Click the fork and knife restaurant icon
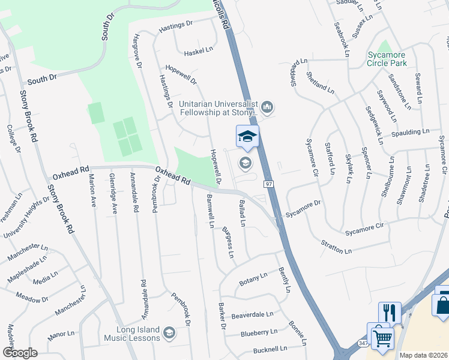click(389, 313)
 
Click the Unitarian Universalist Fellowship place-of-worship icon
click(267, 107)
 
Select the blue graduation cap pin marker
click(247, 136)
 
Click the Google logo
click(20, 353)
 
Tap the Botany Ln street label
click(253, 277)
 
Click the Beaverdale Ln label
click(252, 314)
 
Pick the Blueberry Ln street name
click(259, 332)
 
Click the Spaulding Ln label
click(409, 131)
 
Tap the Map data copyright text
click(423, 355)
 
